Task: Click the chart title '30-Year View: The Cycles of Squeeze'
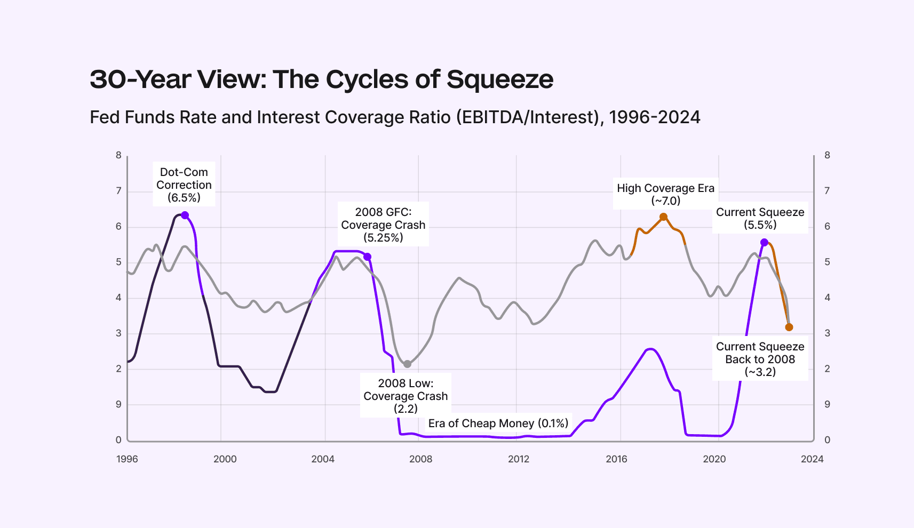321,79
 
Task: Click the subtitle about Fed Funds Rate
395,117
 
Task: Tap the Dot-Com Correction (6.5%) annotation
184,185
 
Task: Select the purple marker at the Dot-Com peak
185,215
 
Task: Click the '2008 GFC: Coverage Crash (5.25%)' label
383,225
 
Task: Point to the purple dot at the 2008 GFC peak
367,257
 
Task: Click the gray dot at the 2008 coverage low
408,364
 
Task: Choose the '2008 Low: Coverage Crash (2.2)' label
406,396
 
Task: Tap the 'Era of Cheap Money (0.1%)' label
498,423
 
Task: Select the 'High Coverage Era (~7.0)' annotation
665,194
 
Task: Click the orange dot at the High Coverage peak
663,217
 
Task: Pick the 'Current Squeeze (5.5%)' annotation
760,218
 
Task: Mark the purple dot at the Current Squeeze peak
764,243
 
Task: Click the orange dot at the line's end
789,327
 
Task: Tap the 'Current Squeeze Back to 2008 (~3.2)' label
760,359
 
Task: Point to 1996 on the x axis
127,459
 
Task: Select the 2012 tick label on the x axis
519,459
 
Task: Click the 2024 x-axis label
812,459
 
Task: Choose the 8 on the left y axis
118,155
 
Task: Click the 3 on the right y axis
827,333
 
